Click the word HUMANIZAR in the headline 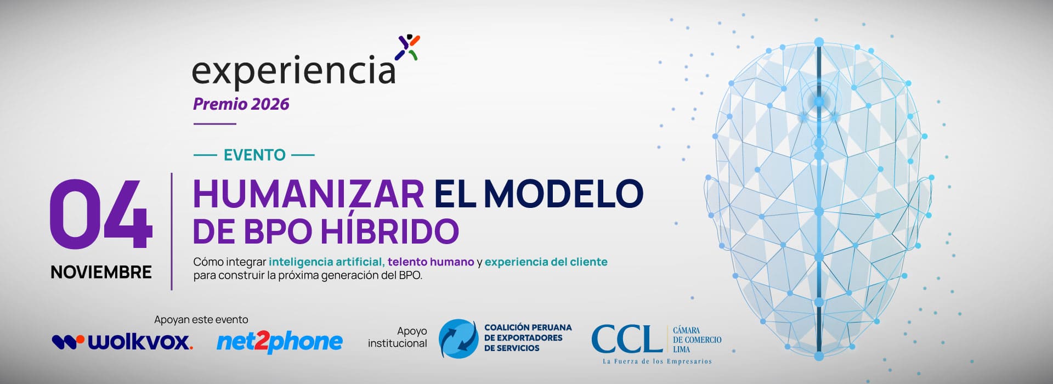[x=309, y=194]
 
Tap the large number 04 [x=101, y=214]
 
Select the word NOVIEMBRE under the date [x=101, y=272]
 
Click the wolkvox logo [x=122, y=342]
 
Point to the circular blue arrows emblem [x=458, y=339]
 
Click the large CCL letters [x=627, y=338]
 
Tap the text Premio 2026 [x=241, y=104]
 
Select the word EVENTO [x=254, y=155]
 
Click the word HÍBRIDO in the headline [x=389, y=231]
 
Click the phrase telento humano [x=431, y=262]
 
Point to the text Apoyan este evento [x=201, y=319]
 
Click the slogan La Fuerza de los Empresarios [x=657, y=362]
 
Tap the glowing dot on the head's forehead [x=819, y=101]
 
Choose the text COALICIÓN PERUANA [x=528, y=327]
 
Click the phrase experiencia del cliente [x=546, y=262]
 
